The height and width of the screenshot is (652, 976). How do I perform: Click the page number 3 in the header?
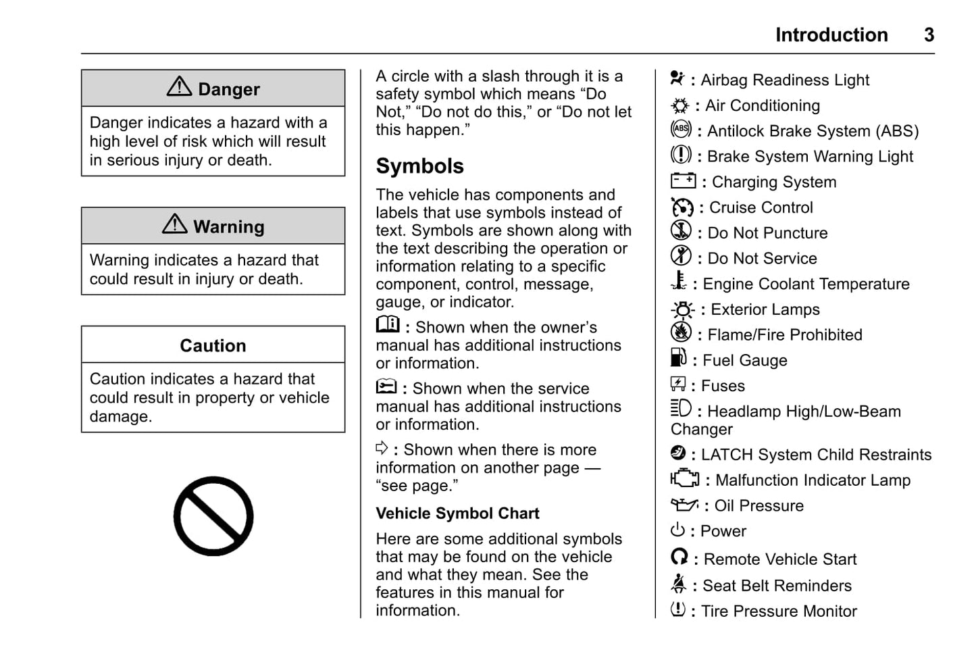click(929, 34)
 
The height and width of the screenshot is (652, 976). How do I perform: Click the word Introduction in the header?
click(831, 34)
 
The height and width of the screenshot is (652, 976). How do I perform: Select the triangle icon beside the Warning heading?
click(175, 224)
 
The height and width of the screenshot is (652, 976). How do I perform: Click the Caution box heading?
click(213, 345)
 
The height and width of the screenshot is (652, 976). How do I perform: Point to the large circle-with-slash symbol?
click(213, 516)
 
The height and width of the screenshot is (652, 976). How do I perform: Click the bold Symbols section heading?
click(419, 166)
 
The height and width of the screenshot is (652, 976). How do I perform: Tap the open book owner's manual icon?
click(388, 324)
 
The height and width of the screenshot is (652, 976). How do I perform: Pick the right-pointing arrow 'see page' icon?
click(382, 447)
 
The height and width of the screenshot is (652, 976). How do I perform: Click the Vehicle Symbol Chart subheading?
click(457, 513)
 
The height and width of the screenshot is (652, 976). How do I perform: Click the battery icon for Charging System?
click(683, 180)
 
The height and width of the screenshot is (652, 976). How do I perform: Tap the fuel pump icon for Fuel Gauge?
click(678, 357)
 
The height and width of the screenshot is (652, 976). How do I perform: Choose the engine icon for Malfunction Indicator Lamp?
click(684, 478)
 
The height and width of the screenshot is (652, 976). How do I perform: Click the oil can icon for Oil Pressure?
click(684, 504)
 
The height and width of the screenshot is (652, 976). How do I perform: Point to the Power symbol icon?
click(677, 530)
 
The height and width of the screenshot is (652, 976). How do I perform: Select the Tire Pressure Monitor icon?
click(677, 609)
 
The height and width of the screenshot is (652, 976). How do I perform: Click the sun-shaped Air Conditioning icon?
click(679, 105)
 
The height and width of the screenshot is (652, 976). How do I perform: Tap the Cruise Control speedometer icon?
click(682, 207)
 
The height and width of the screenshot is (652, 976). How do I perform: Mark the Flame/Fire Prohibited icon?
click(681, 332)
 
